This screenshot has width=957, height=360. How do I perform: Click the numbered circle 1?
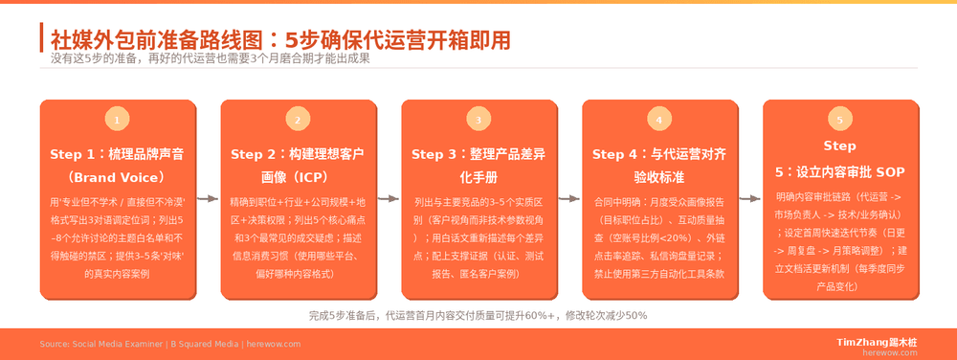[x=117, y=120]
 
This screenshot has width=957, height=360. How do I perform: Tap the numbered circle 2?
[x=298, y=120]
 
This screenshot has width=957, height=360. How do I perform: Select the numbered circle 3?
[x=478, y=120]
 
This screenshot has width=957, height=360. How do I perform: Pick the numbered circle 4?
[x=658, y=120]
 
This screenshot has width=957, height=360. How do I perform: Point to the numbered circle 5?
[x=839, y=120]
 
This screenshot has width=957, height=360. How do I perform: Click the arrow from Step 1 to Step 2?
[x=207, y=199]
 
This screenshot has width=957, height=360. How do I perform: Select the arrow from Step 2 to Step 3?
[x=388, y=199]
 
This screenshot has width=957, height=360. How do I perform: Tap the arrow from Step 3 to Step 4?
[x=568, y=199]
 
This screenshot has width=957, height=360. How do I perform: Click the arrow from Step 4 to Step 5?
[x=749, y=199]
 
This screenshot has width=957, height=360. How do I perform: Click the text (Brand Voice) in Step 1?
[x=117, y=177]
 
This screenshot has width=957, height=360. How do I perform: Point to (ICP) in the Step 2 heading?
[x=298, y=177]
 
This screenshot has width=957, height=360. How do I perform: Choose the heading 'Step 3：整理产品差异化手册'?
[x=478, y=165]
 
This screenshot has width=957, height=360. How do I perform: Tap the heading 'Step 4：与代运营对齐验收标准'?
[x=658, y=165]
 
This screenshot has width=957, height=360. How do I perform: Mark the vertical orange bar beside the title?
[x=42, y=39]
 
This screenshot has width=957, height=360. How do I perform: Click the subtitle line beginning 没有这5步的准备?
[x=210, y=58]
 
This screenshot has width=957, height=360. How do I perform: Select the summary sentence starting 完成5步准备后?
[x=478, y=315]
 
